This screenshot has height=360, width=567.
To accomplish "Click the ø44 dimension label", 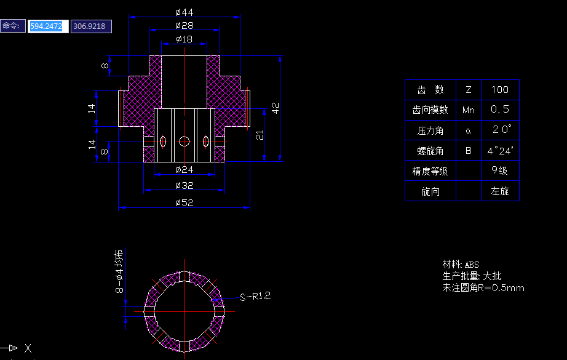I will click(184, 12).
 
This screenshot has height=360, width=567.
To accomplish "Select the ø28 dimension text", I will click(184, 25).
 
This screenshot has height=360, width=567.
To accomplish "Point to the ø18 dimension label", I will click(184, 39).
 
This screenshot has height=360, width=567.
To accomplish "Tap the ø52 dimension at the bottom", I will click(184, 202).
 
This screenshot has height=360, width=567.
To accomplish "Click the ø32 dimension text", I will click(184, 185).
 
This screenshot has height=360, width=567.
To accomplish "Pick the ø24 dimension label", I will click(184, 169).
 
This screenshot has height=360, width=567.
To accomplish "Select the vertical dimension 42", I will click(276, 108).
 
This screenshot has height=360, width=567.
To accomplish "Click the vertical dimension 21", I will click(260, 135).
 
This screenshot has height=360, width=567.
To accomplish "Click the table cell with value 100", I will click(500, 90).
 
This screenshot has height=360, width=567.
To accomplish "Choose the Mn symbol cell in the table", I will click(468, 110).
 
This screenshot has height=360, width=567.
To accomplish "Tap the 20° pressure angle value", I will click(501, 130).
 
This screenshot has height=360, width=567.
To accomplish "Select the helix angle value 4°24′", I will click(501, 150).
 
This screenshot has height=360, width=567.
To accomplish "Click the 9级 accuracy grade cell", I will click(500, 170).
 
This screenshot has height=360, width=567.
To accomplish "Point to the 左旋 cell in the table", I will click(500, 191).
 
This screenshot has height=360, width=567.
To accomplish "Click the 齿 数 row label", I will click(430, 90).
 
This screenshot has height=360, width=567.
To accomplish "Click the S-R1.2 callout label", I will click(255, 297).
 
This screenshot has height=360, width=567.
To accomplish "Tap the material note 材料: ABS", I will click(461, 265).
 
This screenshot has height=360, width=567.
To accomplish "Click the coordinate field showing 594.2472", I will click(48, 26).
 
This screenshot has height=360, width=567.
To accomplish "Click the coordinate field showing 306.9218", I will click(90, 26).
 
